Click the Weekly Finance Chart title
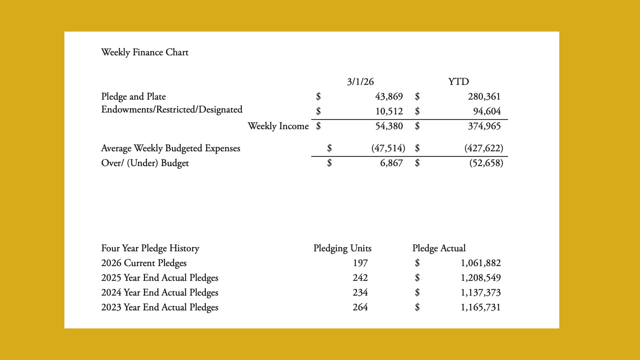click(x=145, y=52)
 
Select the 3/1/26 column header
click(x=360, y=82)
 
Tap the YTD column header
click(x=458, y=82)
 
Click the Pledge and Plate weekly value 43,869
click(x=389, y=97)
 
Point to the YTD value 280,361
click(x=484, y=97)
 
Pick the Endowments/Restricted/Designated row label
click(x=172, y=110)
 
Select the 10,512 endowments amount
click(x=389, y=111)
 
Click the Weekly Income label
click(x=278, y=126)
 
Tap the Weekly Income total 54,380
click(x=389, y=126)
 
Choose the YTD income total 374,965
click(x=484, y=126)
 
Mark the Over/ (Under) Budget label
click(x=145, y=163)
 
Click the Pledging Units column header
click(x=342, y=248)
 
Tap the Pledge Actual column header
click(x=439, y=248)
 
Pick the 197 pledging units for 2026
click(x=360, y=263)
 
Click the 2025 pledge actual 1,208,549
click(x=481, y=278)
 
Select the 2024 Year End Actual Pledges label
click(x=160, y=293)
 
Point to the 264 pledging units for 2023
click(x=360, y=307)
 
